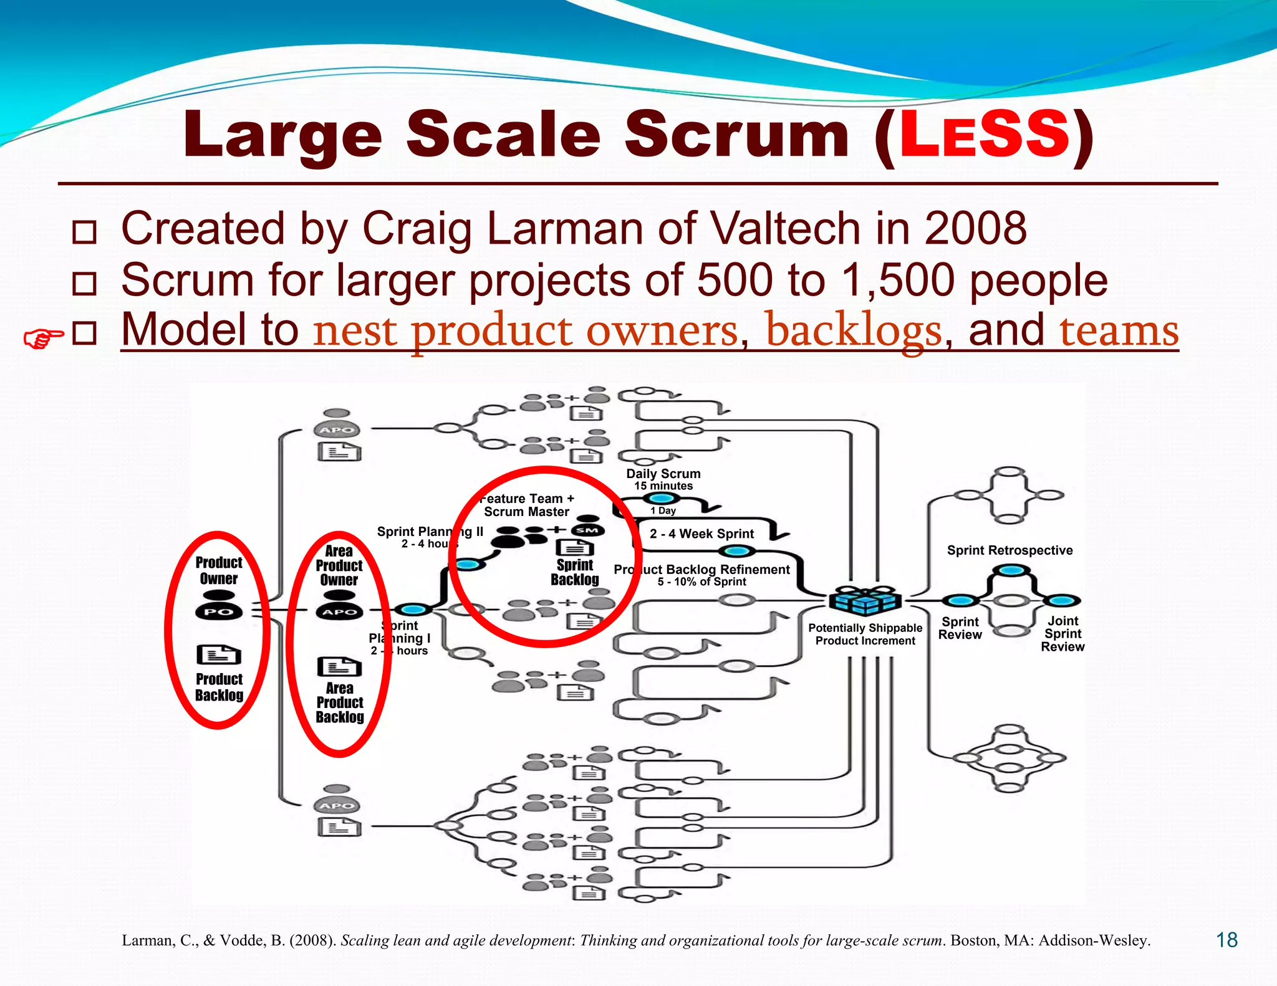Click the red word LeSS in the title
(x=984, y=135)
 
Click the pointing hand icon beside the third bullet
(x=42, y=338)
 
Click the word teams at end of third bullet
(x=1119, y=330)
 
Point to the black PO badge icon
(x=219, y=612)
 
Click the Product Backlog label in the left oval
(x=219, y=687)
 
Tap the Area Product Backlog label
(x=340, y=702)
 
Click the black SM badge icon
(x=587, y=530)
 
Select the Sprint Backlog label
(x=574, y=572)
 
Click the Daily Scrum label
(x=663, y=474)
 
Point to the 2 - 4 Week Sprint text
(x=701, y=534)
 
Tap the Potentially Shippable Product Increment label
(x=865, y=634)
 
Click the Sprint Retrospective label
(x=1010, y=550)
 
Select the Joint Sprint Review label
(x=1063, y=634)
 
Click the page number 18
(x=1226, y=940)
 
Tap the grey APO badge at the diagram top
(x=337, y=430)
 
